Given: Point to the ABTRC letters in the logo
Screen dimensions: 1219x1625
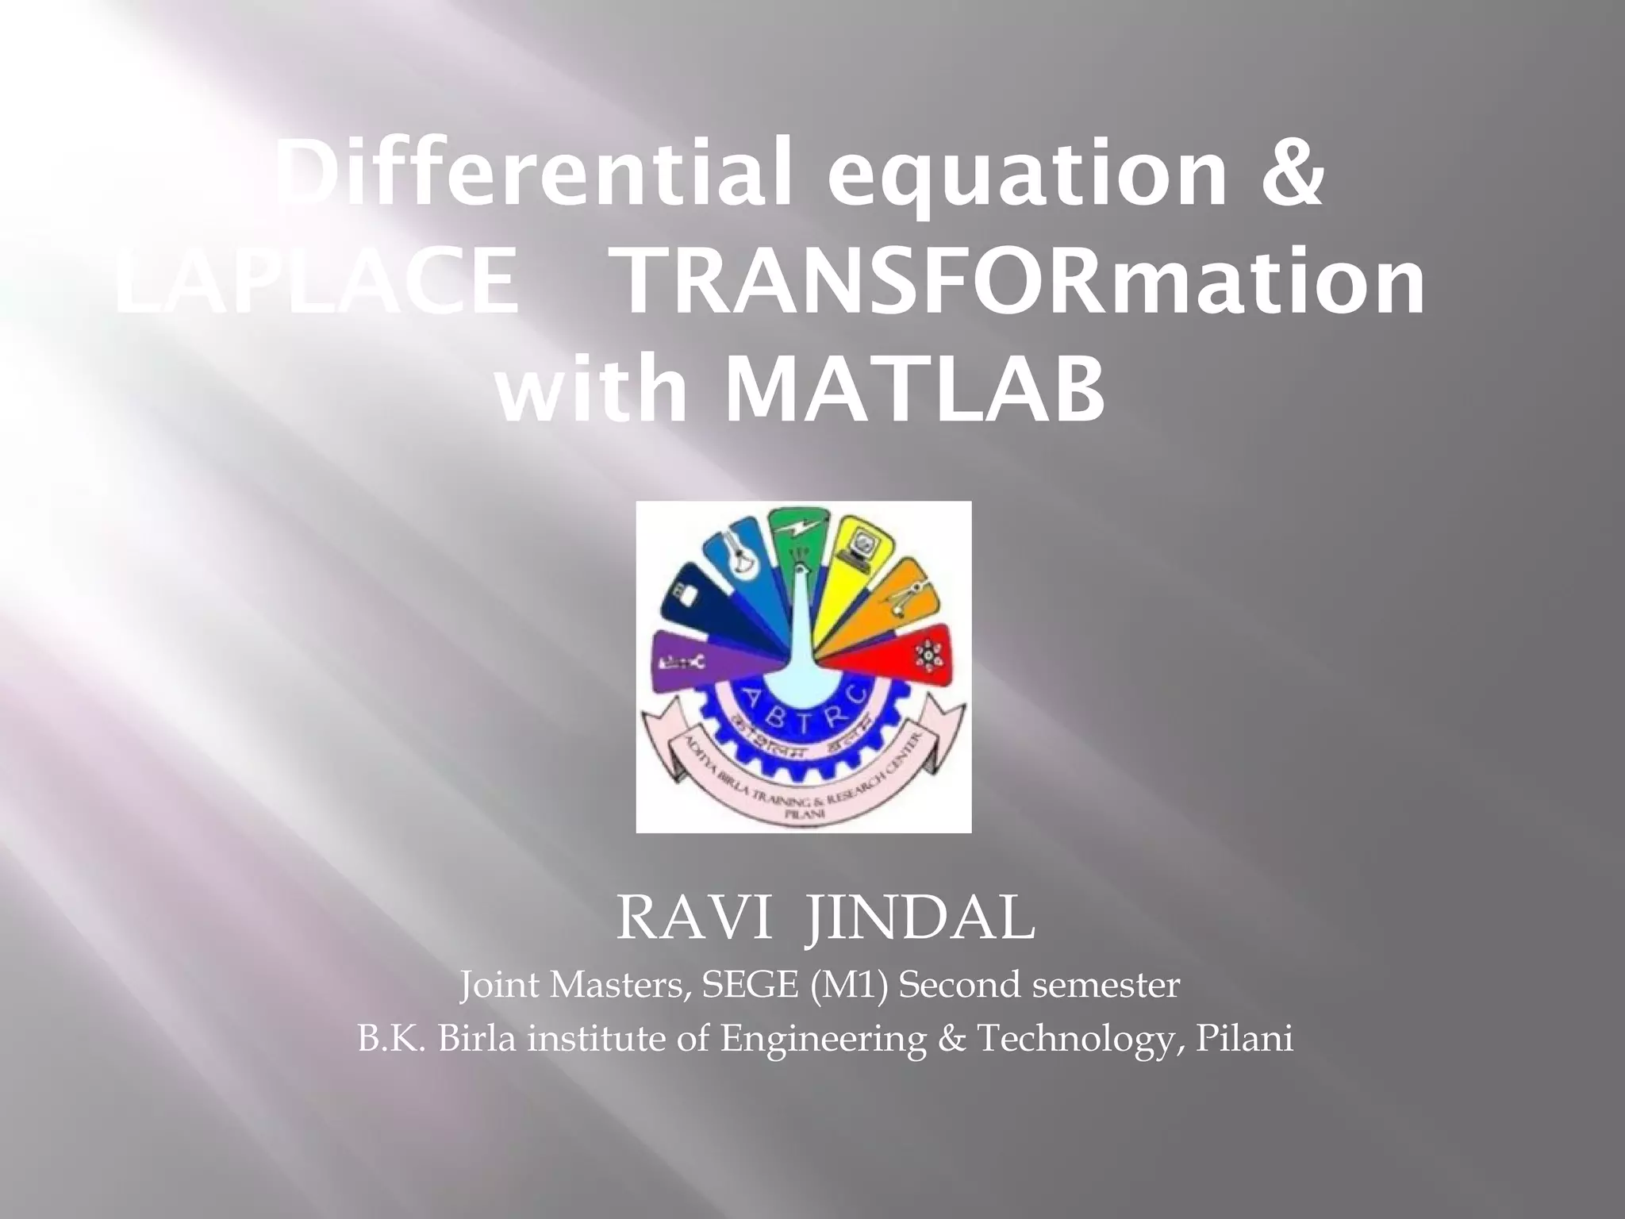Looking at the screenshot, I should click(801, 698).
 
